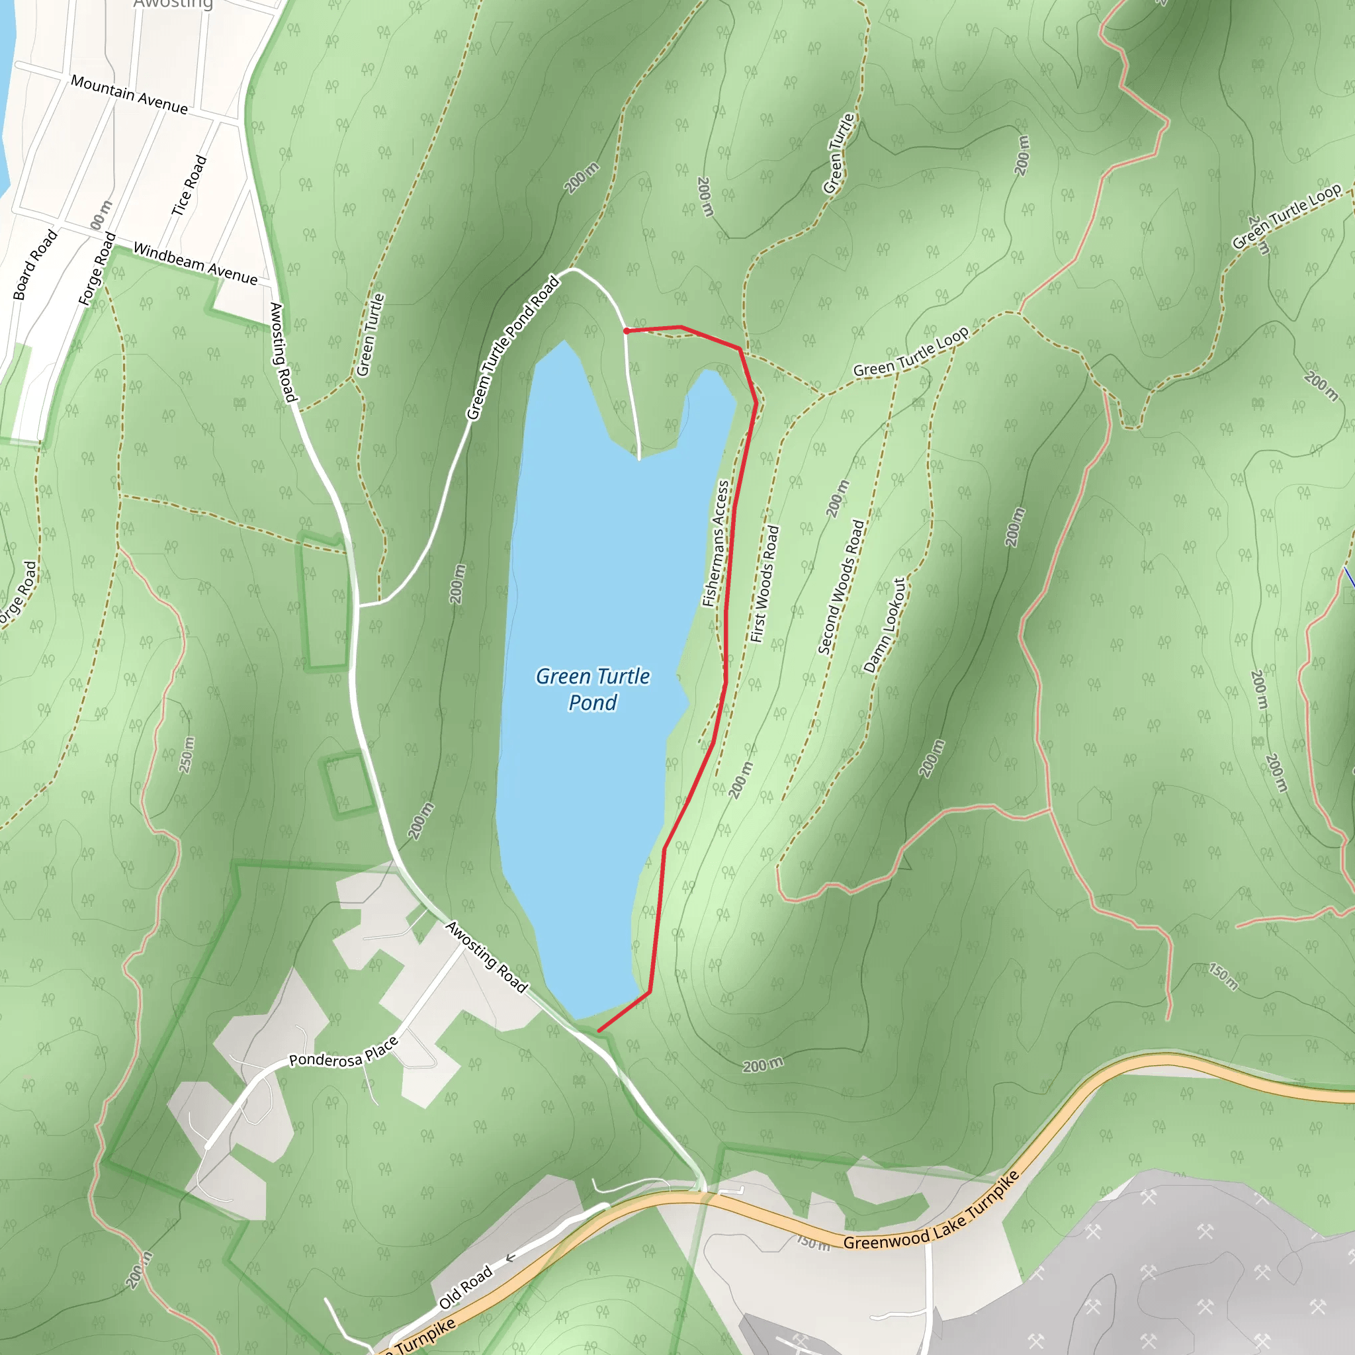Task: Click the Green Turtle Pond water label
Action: pyautogui.click(x=593, y=689)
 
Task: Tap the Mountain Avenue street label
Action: pyautogui.click(x=130, y=95)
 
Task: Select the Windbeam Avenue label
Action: pyautogui.click(x=195, y=264)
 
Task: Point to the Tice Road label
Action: pyautogui.click(x=189, y=186)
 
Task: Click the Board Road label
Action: pyautogui.click(x=35, y=265)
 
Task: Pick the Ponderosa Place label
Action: pyautogui.click(x=343, y=1053)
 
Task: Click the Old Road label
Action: pyautogui.click(x=466, y=1288)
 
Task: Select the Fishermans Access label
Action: pyautogui.click(x=716, y=544)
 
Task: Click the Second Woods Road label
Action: pyautogui.click(x=841, y=587)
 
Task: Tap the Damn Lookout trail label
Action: pyautogui.click(x=885, y=626)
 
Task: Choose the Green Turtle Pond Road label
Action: pyautogui.click(x=513, y=349)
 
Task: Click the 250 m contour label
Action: pyautogui.click(x=187, y=756)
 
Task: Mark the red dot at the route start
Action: pyautogui.click(x=627, y=331)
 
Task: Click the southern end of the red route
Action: pyautogui.click(x=599, y=1030)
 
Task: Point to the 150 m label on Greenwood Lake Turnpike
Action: pyautogui.click(x=813, y=1243)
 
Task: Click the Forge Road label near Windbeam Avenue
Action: pyautogui.click(x=97, y=270)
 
